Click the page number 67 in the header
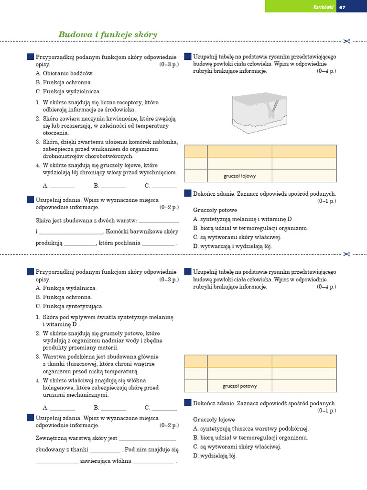[x=342, y=7]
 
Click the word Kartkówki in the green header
[x=323, y=7]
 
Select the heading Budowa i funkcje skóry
[x=108, y=34]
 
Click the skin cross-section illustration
[x=260, y=112]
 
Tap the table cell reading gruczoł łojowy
[x=239, y=176]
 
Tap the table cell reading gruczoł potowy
[x=239, y=386]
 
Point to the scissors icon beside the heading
[x=347, y=41]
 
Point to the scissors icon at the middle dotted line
[x=347, y=254]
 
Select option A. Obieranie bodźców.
[x=65, y=73]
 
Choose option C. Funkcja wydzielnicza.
[x=68, y=91]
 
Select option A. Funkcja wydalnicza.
[x=66, y=288]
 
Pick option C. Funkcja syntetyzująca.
[x=69, y=306]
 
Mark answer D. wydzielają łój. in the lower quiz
[x=215, y=456]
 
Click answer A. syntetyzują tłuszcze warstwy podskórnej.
[x=251, y=429]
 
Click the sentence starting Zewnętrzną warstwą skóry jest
[x=76, y=438]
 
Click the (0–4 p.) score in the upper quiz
[x=326, y=71]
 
